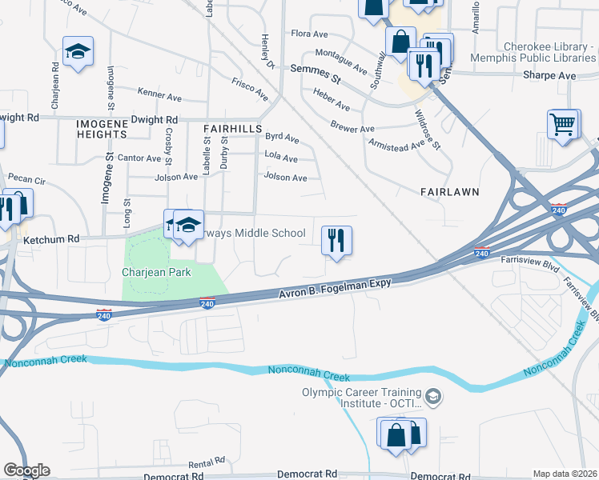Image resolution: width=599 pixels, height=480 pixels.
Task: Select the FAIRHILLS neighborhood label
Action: click(233, 128)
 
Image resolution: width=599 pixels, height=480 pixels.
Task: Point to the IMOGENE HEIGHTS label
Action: click(103, 129)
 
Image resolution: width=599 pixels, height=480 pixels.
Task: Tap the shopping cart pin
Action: click(564, 126)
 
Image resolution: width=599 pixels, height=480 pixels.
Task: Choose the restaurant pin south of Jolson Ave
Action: click(336, 240)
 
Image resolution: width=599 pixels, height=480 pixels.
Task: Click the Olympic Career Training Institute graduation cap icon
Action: click(432, 396)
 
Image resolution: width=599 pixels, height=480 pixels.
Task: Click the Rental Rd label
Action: click(207, 463)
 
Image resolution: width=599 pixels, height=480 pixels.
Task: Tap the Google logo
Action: click(27, 470)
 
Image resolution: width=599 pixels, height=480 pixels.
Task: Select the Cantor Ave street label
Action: click(139, 158)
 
